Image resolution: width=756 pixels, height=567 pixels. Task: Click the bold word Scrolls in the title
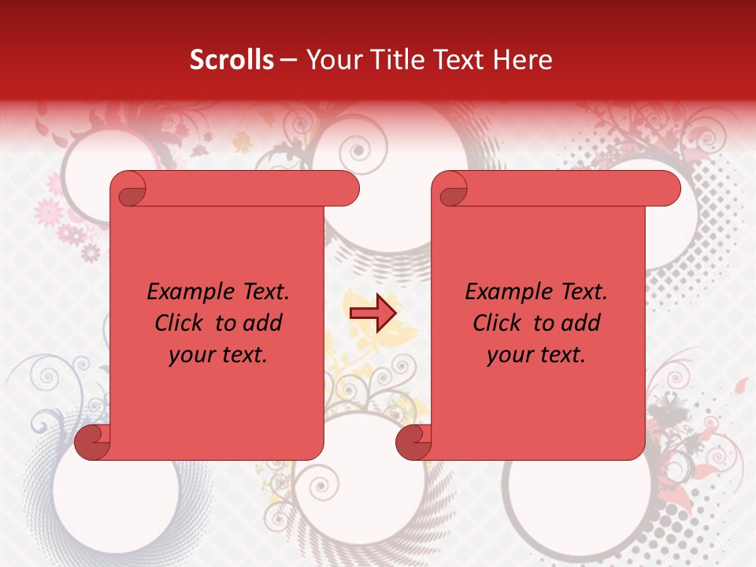coord(232,60)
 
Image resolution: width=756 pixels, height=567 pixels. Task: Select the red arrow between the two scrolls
coord(372,313)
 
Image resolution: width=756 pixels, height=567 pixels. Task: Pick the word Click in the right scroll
coord(497,323)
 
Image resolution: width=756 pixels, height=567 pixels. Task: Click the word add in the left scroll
coord(264,323)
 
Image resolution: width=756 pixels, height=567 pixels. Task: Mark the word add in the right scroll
coord(582,323)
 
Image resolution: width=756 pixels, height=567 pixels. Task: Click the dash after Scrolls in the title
coord(288,61)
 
